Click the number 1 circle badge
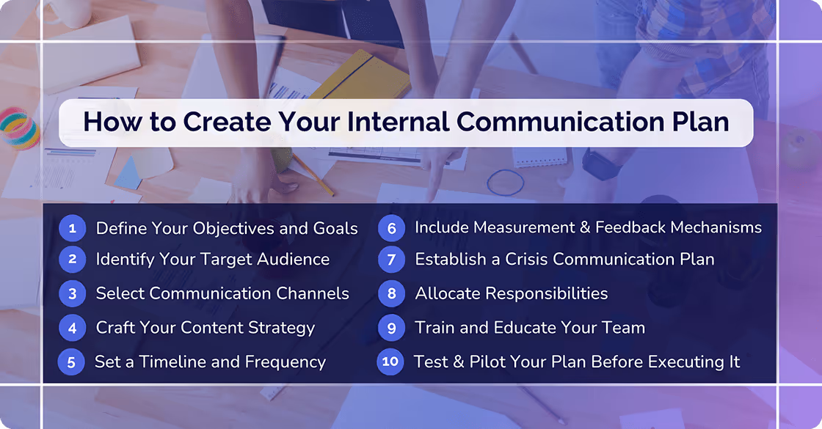click(x=72, y=228)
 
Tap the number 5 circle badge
click(x=71, y=362)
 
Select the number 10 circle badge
click(x=390, y=362)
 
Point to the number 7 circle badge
click(x=391, y=259)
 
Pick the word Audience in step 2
click(x=288, y=259)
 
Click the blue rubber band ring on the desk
click(x=506, y=182)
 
